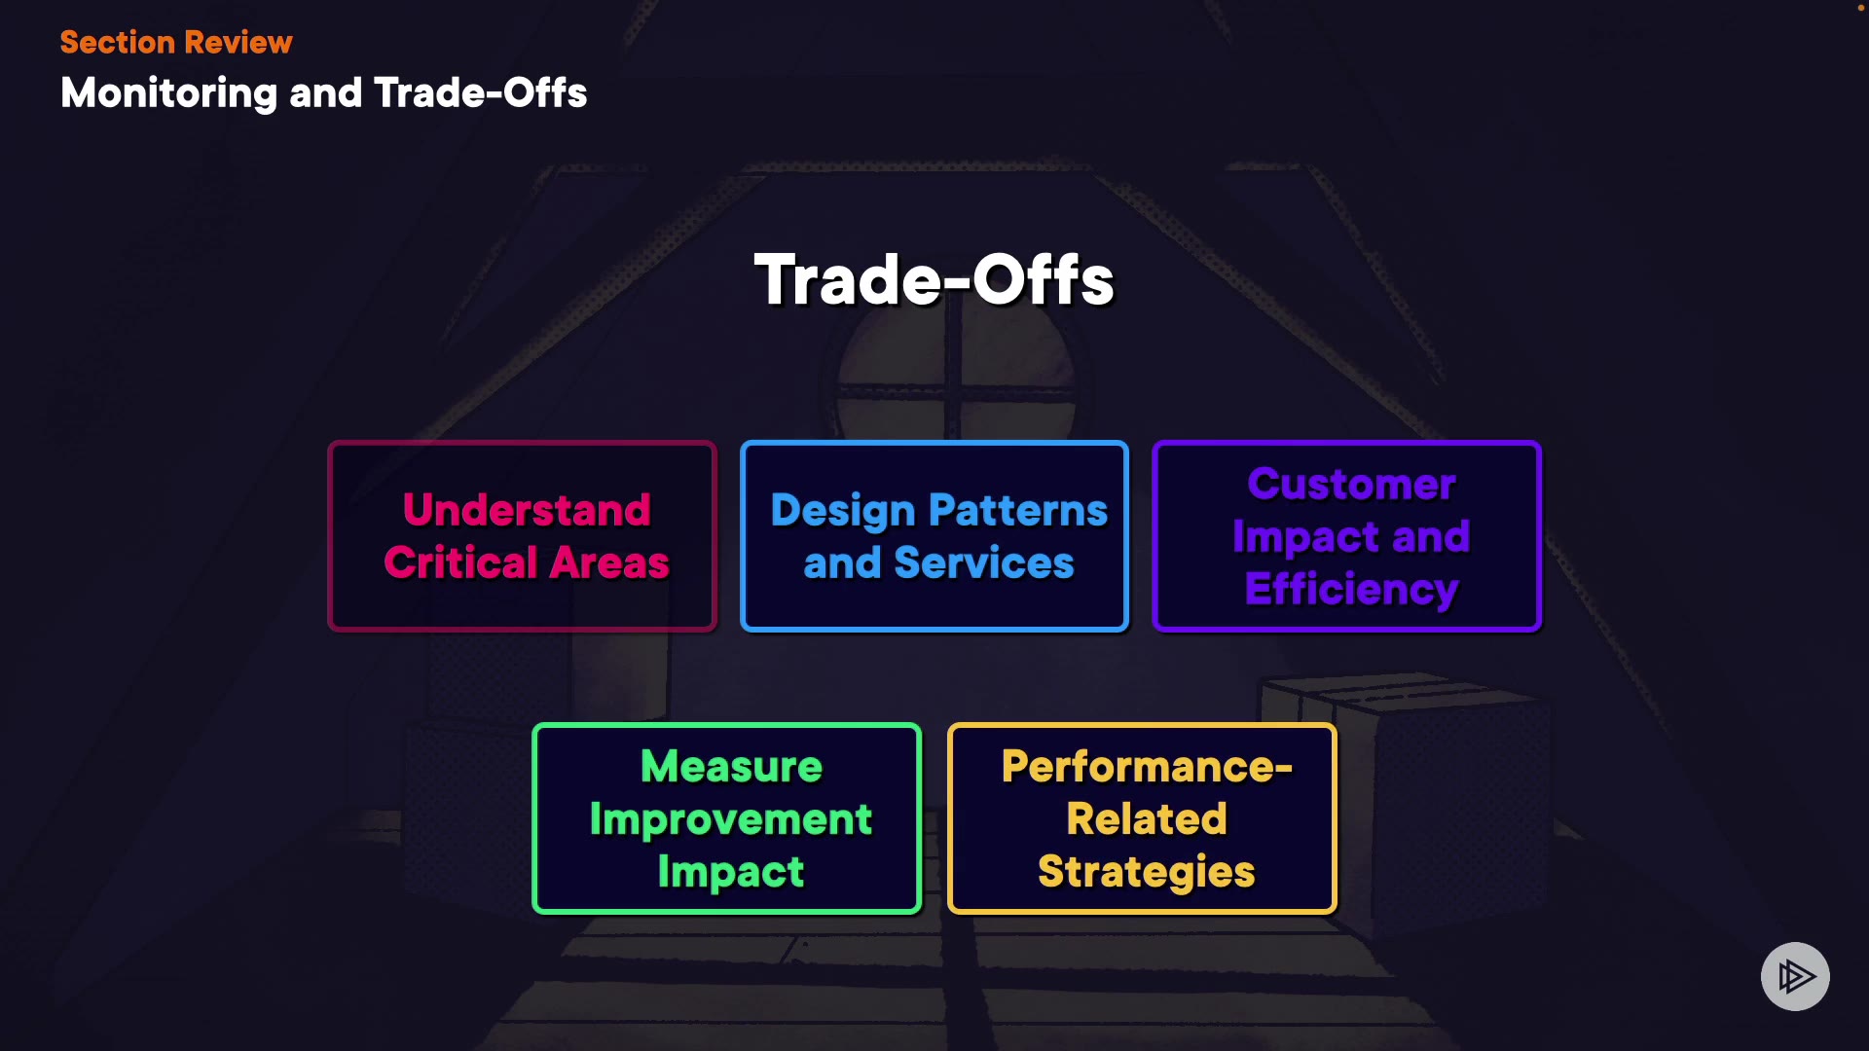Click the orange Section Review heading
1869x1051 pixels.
pyautogui.click(x=176, y=42)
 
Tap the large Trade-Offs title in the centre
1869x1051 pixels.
pyautogui.click(x=934, y=280)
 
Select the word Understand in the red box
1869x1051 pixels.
pyautogui.click(x=527, y=509)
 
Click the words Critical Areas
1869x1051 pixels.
pyautogui.click(x=527, y=562)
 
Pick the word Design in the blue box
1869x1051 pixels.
pyautogui.click(x=843, y=511)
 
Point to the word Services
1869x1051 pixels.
pyautogui.click(x=984, y=562)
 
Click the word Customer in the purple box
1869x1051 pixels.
pyautogui.click(x=1352, y=484)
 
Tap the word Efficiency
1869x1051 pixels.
pyautogui.click(x=1352, y=590)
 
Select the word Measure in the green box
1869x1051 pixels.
pyautogui.click(x=731, y=767)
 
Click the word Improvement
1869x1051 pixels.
pyautogui.click(x=731, y=820)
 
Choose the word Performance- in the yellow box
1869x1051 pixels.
pyautogui.click(x=1147, y=767)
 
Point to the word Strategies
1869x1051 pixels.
pyautogui.click(x=1147, y=873)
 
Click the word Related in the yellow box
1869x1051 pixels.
pyautogui.click(x=1147, y=819)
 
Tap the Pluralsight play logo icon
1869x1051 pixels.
pyautogui.click(x=1795, y=976)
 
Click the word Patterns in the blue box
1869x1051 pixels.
pyautogui.click(x=1018, y=510)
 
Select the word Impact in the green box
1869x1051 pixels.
pyautogui.click(x=731, y=873)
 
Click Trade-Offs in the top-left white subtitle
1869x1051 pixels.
pyautogui.click(x=481, y=93)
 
